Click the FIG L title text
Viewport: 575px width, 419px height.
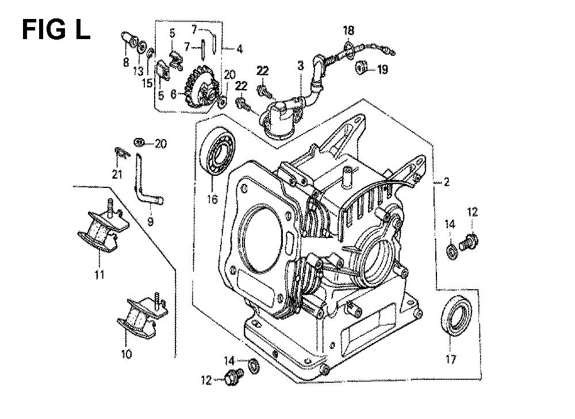click(56, 30)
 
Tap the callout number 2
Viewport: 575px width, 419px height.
click(446, 182)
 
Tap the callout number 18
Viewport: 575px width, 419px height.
click(349, 30)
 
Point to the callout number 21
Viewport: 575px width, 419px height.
click(117, 174)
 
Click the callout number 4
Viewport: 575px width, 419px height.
click(239, 49)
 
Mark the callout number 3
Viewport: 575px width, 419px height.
click(301, 66)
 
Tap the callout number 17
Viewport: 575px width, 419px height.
click(451, 359)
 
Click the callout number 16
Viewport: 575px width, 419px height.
click(212, 199)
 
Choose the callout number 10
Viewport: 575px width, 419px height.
click(126, 355)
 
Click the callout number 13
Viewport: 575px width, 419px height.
click(138, 71)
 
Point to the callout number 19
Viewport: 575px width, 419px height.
click(382, 70)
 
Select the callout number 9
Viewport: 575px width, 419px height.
click(150, 221)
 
